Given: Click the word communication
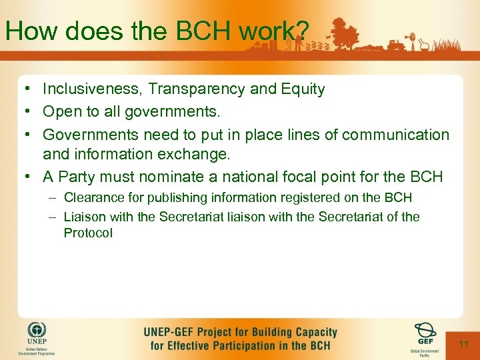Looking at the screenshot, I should point(396,135).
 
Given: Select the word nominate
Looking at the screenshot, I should point(207,177).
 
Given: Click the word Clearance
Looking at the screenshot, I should point(92,198).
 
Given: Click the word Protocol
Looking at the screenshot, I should point(88,233).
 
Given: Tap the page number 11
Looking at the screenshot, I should point(464,344).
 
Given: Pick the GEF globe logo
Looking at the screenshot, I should point(425,331).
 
